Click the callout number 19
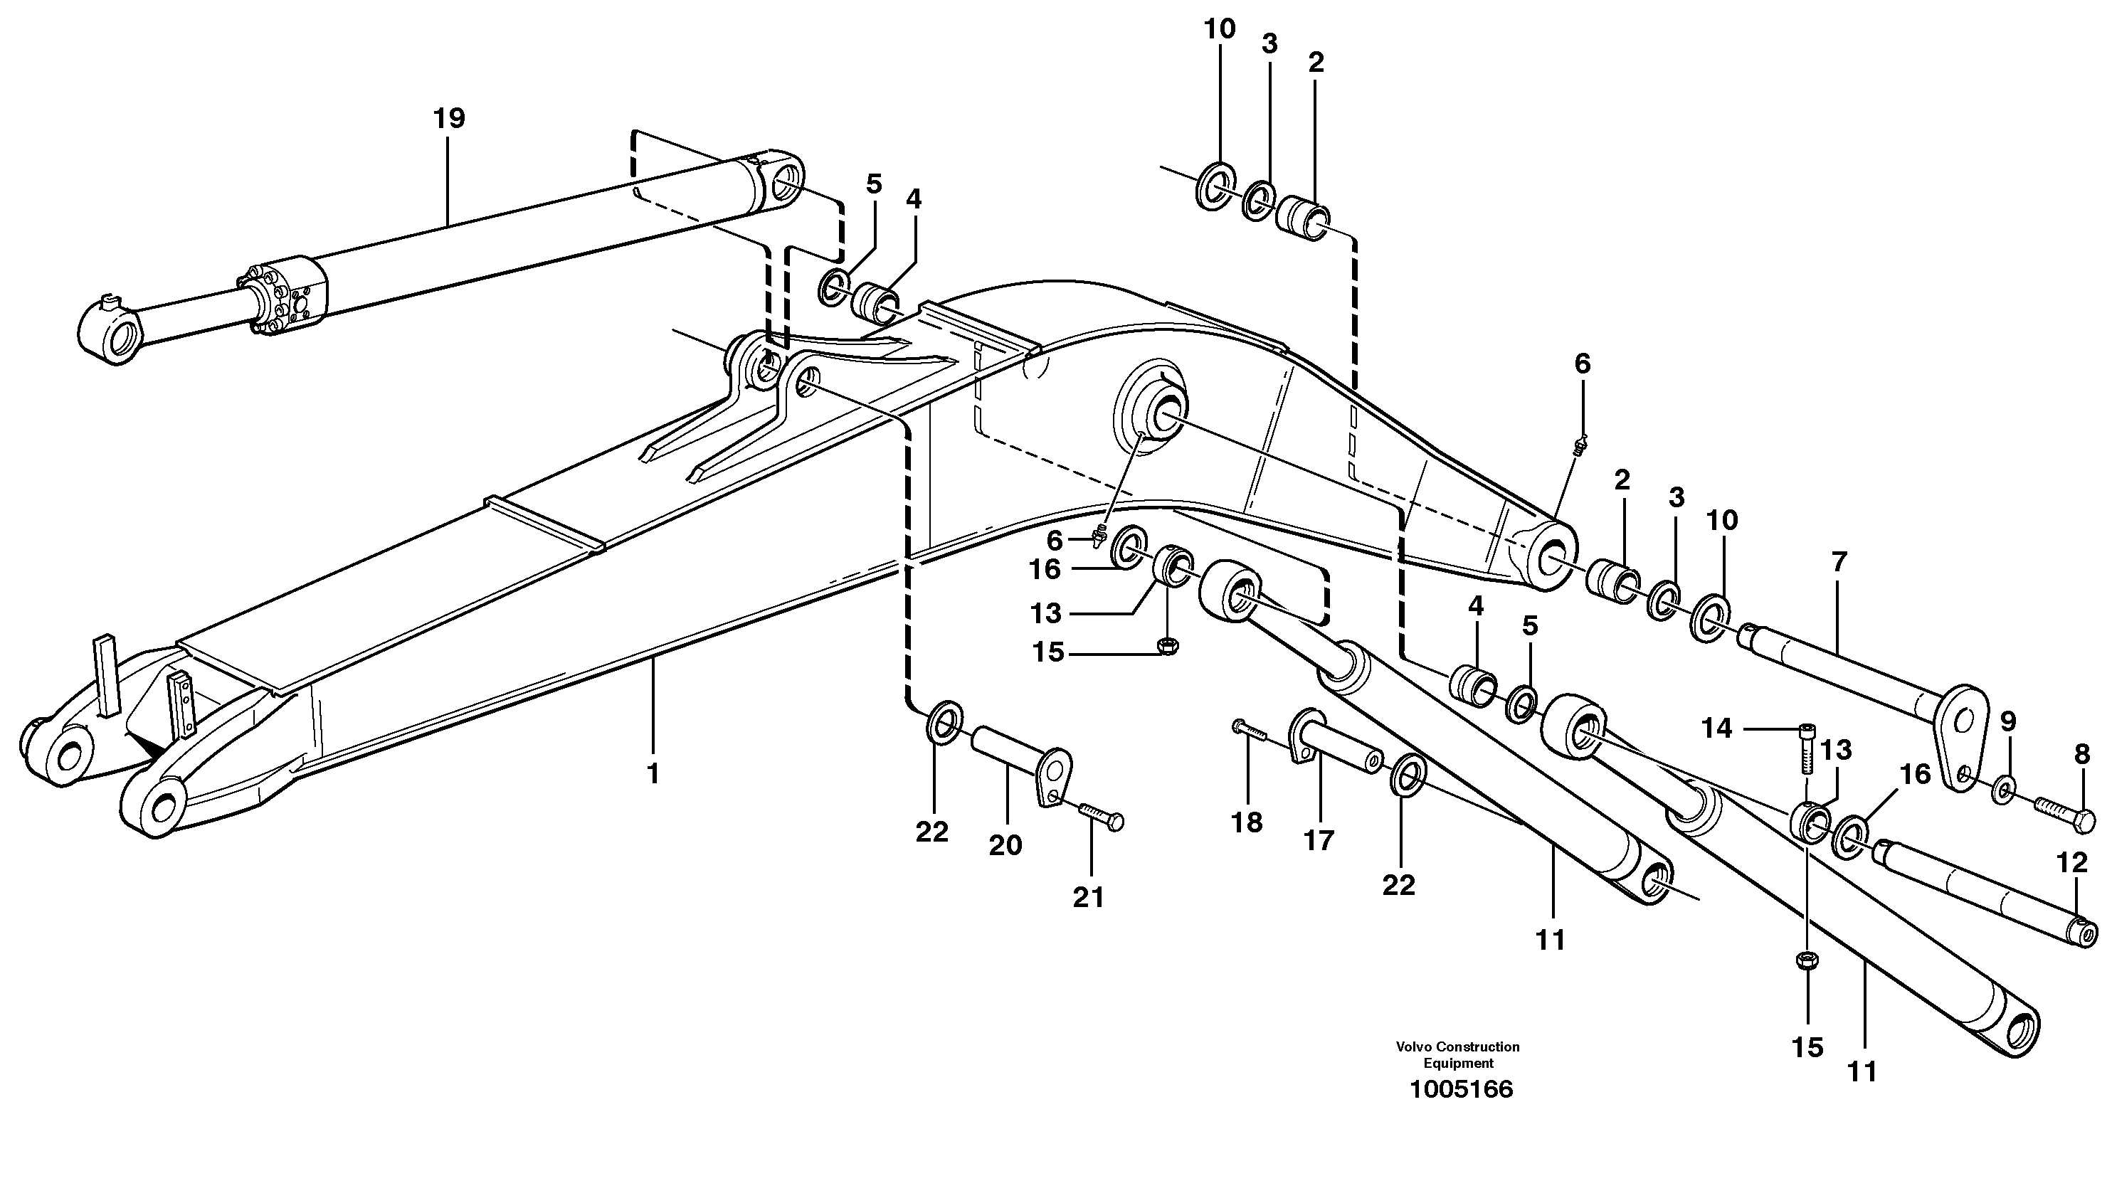449,119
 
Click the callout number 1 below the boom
653,773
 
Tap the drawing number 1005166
1461,1089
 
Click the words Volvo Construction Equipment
1457,1054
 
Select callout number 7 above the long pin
1837,562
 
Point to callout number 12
2071,863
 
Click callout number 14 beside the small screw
1716,728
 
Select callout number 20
1005,845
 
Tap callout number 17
1319,840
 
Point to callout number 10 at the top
1219,29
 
